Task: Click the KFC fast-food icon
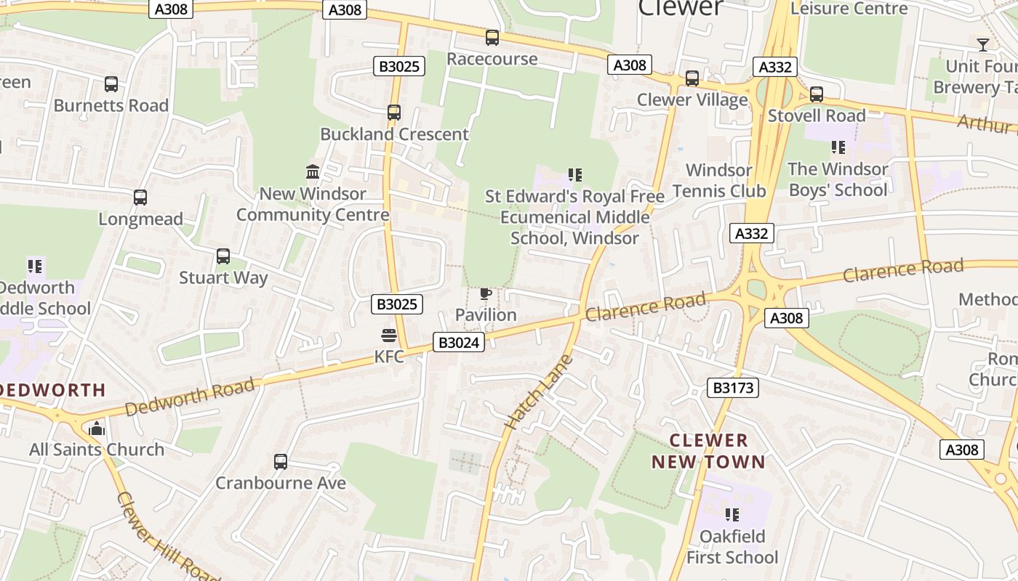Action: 388,335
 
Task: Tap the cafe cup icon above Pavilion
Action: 485,293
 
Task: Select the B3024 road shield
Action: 458,342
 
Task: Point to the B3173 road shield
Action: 733,388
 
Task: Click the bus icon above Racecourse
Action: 492,38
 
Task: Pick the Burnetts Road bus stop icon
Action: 111,84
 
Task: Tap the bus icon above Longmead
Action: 140,198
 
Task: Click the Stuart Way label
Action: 223,277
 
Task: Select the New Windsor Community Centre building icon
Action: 313,172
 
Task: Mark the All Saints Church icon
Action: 97,428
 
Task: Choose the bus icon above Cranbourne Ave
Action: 280,461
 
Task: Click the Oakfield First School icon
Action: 732,515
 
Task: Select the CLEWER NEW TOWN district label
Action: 708,451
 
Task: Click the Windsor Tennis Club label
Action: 718,181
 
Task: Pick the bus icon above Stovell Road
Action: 817,94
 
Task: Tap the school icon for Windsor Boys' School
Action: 838,147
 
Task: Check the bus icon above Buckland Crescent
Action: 394,113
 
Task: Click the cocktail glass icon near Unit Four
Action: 982,45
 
